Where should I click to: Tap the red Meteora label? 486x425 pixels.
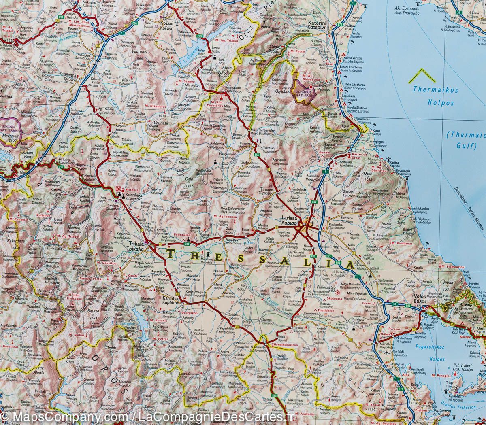pyautogui.click(x=132, y=190)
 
